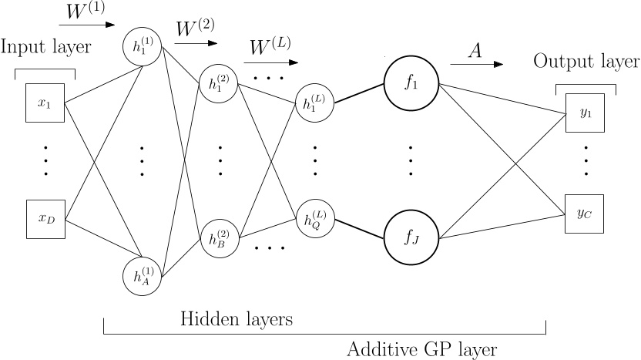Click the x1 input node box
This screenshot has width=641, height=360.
pos(44,102)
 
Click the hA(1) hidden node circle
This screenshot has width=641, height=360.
pos(142,274)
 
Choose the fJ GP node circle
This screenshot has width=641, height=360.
pos(410,237)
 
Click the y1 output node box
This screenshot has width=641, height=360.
pos(585,113)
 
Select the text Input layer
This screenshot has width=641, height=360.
pos(45,47)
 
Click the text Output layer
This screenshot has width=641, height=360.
pos(586,62)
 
